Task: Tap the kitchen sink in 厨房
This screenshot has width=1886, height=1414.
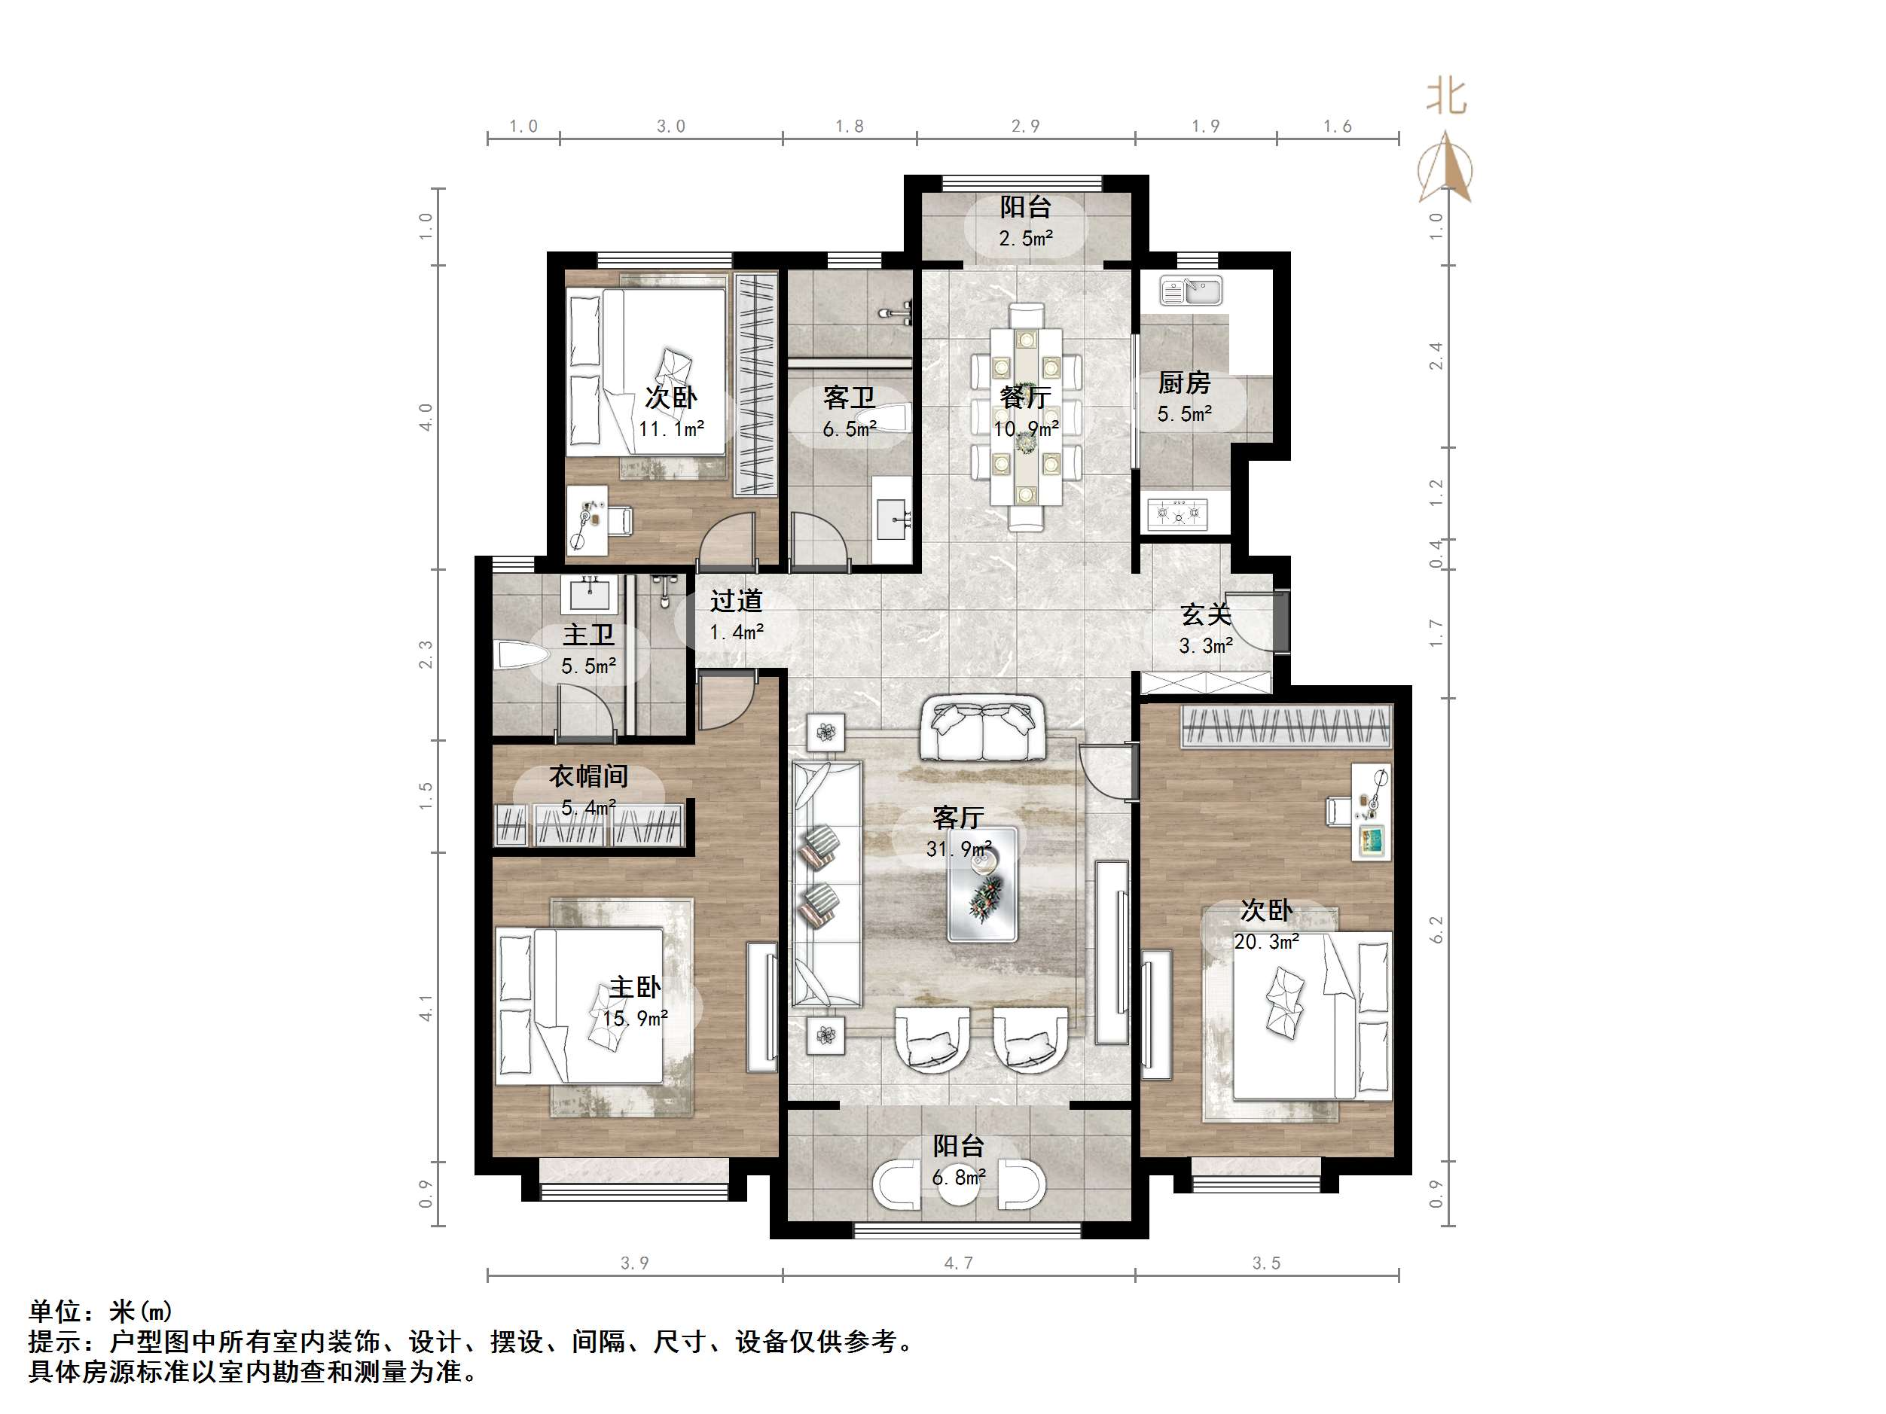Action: [x=1190, y=291]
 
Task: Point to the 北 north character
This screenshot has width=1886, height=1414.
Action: [x=1447, y=96]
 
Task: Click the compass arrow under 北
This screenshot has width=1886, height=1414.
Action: [x=1445, y=167]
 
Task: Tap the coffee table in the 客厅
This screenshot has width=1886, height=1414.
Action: [x=982, y=885]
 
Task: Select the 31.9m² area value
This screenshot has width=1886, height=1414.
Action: [x=958, y=849]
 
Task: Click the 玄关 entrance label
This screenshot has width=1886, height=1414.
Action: [x=1206, y=614]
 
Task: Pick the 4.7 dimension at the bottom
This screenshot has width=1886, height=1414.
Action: [x=958, y=1263]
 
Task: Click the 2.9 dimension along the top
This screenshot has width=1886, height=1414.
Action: [x=1026, y=126]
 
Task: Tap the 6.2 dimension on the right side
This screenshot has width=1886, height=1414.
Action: [x=1436, y=929]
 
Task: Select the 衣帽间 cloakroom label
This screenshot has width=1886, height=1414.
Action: [x=588, y=776]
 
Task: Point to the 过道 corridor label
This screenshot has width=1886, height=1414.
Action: [x=736, y=602]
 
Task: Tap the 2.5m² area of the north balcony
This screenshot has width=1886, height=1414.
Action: [x=1026, y=239]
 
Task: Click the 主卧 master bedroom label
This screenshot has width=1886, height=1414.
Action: [x=634, y=988]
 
